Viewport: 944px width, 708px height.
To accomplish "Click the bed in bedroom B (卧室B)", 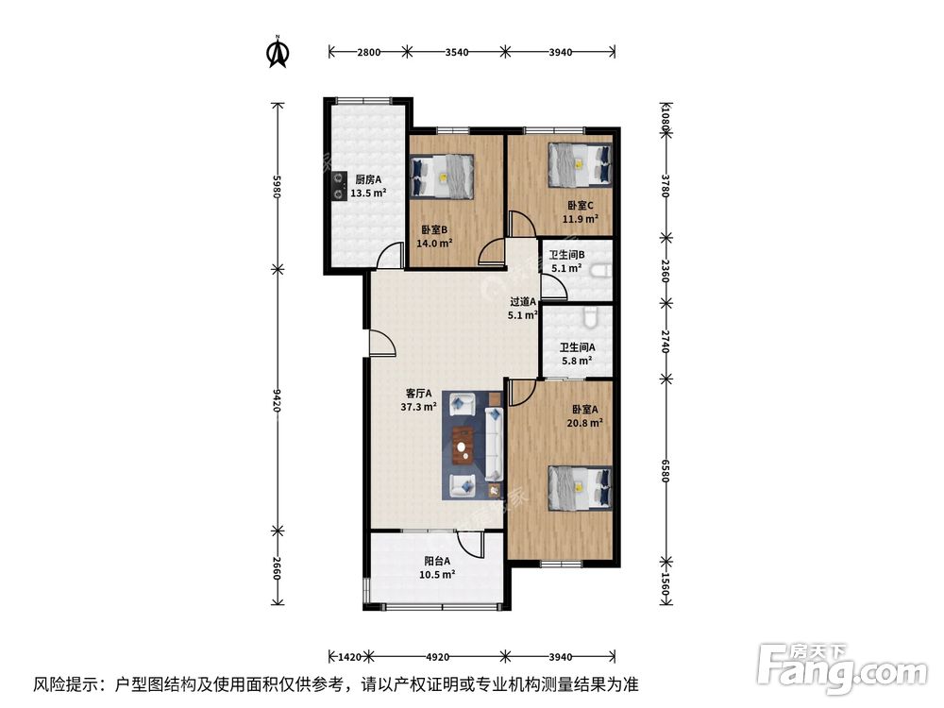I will [444, 176].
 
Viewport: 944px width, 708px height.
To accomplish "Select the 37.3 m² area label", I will [418, 407].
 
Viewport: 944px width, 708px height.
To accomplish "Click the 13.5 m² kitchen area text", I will [368, 194].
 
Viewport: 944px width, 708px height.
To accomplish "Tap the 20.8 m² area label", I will [587, 424].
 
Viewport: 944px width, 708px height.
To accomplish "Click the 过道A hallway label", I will [522, 302].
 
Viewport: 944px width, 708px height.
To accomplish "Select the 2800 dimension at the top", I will [368, 52].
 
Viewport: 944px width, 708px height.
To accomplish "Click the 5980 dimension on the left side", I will [278, 183].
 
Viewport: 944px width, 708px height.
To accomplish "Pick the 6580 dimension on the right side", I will [666, 471].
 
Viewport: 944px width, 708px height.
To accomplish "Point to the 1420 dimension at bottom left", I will [349, 653].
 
